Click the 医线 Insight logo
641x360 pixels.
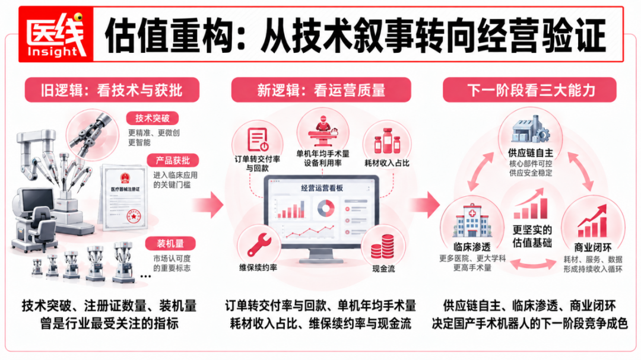click(x=56, y=34)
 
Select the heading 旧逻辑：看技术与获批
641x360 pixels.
click(x=112, y=90)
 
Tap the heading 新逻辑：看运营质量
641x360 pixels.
click(x=321, y=90)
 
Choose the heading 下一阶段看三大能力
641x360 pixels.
click(x=530, y=90)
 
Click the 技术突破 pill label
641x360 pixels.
click(x=153, y=119)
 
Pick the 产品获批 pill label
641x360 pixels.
click(x=173, y=160)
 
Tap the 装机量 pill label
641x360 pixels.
click(x=170, y=244)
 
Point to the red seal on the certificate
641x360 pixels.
click(x=134, y=215)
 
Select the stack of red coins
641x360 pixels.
click(x=383, y=246)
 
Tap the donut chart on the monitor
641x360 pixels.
click(x=326, y=208)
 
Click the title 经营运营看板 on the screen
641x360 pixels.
click(x=322, y=188)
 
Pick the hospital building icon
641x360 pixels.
click(x=472, y=221)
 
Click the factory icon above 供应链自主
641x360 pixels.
click(x=531, y=129)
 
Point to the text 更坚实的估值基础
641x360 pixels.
click(x=532, y=236)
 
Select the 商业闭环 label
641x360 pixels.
click(x=593, y=248)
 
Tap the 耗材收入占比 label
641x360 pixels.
click(x=387, y=163)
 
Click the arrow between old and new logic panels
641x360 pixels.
click(x=208, y=204)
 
